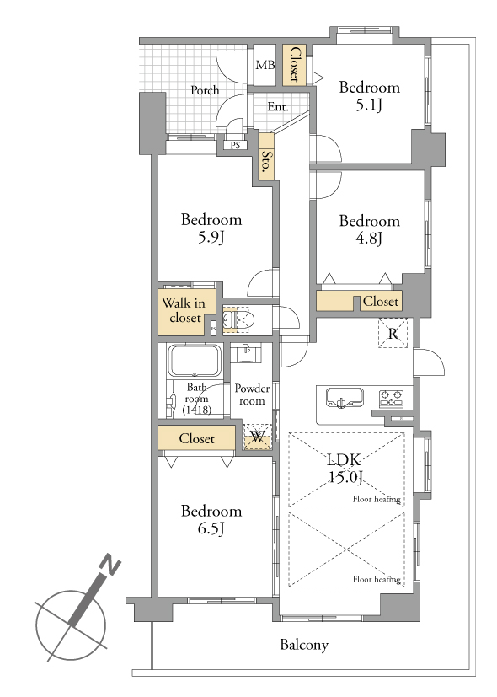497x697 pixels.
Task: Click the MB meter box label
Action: [265, 65]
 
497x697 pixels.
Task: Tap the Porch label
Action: [205, 90]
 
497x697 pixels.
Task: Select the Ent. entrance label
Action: [278, 107]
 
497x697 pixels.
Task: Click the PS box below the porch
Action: [235, 145]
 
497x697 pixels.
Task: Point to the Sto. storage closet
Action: [266, 157]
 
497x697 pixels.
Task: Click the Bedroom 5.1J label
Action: [370, 95]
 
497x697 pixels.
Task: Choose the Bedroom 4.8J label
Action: [370, 229]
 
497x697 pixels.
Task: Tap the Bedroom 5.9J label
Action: [211, 228]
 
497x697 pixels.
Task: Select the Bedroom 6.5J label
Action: [211, 519]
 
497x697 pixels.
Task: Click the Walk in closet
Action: [186, 312]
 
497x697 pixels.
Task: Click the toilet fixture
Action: [239, 319]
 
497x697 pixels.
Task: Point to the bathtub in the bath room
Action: [194, 361]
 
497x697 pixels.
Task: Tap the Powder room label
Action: [252, 394]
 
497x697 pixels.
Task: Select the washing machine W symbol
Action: [258, 437]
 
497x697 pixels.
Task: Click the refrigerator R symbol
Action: [393, 333]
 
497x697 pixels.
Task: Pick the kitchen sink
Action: [345, 397]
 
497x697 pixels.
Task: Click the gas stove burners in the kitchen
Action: [391, 398]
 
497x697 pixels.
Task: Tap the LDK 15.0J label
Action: [345, 468]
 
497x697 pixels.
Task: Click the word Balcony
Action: [304, 645]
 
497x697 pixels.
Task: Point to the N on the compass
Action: [110, 565]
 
